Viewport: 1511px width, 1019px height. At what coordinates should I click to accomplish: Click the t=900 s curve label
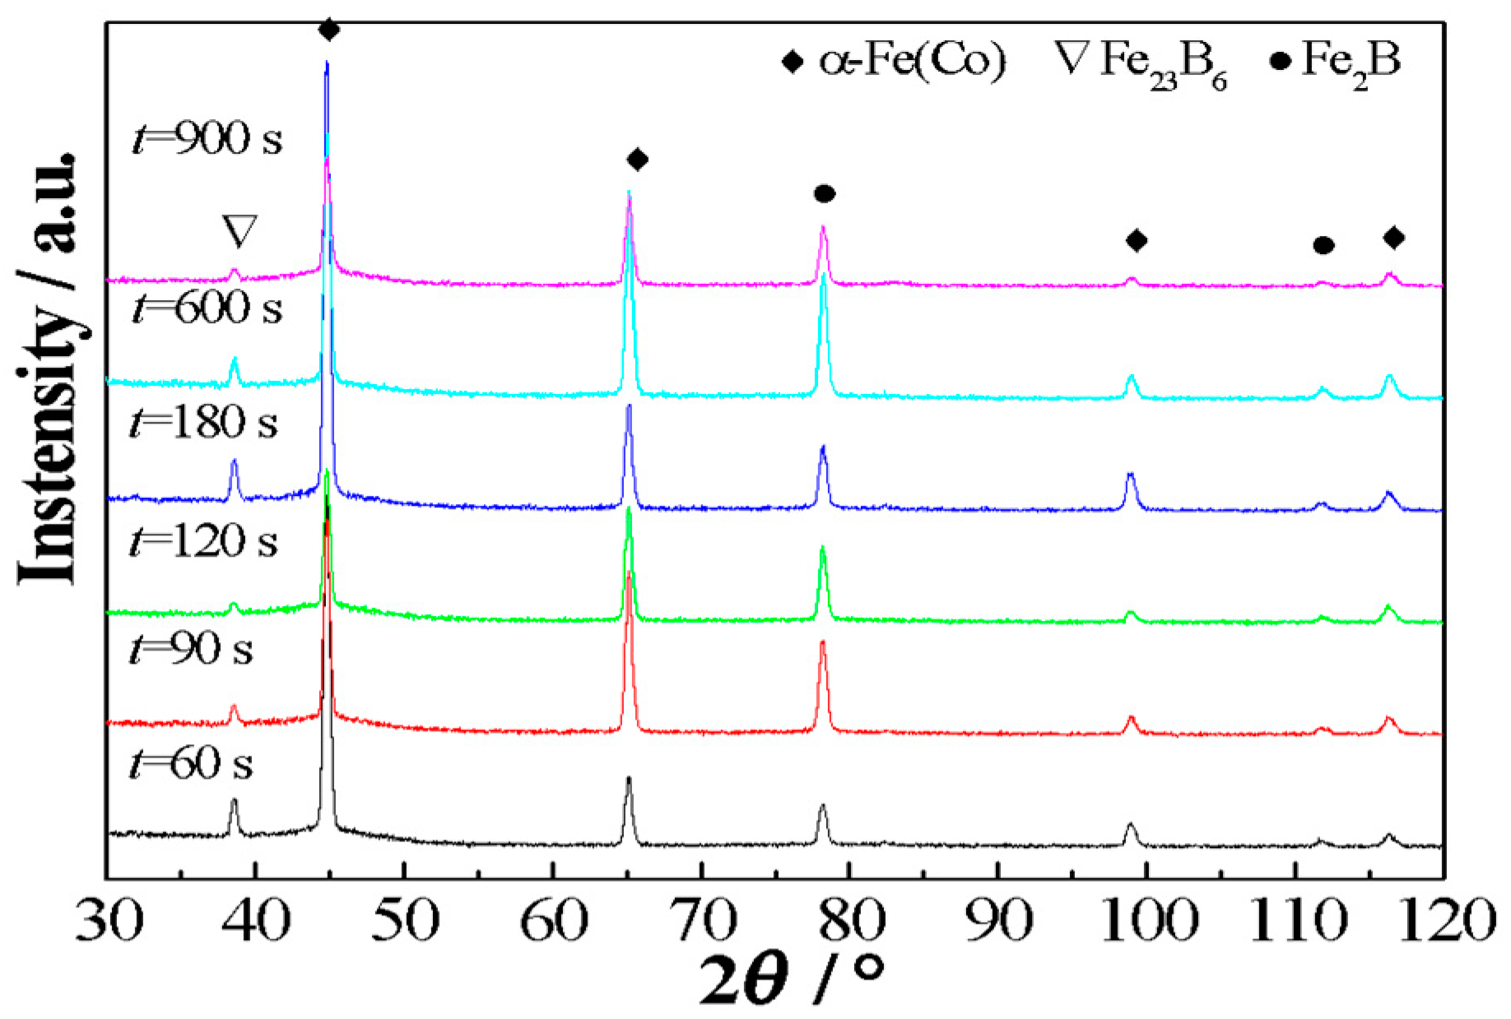pyautogui.click(x=207, y=137)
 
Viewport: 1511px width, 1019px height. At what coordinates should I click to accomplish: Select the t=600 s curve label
pyautogui.click(x=207, y=308)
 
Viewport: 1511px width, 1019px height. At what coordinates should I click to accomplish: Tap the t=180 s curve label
pyautogui.click(x=203, y=423)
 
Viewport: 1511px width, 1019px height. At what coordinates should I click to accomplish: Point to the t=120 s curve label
pyautogui.click(x=203, y=541)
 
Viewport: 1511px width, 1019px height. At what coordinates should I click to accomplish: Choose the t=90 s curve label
pyautogui.click(x=191, y=649)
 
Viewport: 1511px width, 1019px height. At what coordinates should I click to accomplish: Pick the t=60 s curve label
pyautogui.click(x=191, y=763)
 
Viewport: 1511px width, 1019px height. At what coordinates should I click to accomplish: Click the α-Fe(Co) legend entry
pyautogui.click(x=895, y=60)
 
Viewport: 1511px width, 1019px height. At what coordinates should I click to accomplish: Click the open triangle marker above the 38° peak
pyautogui.click(x=240, y=231)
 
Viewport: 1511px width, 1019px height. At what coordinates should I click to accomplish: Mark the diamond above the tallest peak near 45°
pyautogui.click(x=328, y=30)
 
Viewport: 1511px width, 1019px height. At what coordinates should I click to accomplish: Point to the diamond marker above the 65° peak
pyautogui.click(x=637, y=160)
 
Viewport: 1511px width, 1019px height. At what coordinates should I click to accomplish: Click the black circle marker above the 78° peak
pyautogui.click(x=825, y=194)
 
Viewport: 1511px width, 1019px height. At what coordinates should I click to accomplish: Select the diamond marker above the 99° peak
pyautogui.click(x=1137, y=241)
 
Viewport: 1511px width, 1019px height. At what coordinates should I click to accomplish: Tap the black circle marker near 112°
pyautogui.click(x=1323, y=245)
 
